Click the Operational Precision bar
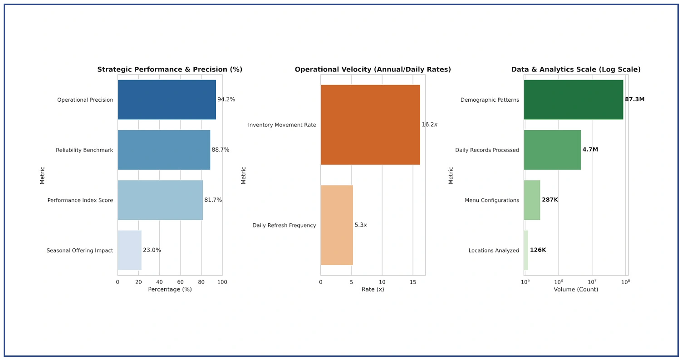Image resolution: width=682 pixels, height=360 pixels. coord(167,100)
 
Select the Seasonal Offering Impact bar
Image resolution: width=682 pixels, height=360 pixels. coord(129,250)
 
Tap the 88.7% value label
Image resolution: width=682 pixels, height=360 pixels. coord(221,150)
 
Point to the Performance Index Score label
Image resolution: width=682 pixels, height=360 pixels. coord(80,200)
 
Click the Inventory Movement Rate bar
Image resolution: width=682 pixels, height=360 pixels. coord(370,125)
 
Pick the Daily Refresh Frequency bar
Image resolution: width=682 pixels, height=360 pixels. coord(337,225)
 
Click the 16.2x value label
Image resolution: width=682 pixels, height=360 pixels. coord(429,124)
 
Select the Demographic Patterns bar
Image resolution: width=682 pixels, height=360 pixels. coord(574,100)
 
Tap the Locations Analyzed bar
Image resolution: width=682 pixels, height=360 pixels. coord(526,250)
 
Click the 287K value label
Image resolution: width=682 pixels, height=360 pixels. coord(550,200)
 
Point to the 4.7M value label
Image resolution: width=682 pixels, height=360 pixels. coord(590,149)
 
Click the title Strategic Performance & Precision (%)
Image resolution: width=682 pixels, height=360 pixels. coord(170,69)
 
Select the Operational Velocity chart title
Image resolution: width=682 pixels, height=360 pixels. coord(373,69)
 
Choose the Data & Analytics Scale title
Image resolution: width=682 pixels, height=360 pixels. coord(576,69)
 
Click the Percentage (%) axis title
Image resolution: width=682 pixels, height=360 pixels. coord(170,290)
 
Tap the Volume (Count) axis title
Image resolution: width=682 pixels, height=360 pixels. coord(576,290)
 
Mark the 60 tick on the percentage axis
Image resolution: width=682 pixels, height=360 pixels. coord(180,282)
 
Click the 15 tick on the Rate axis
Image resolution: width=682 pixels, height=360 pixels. coord(412,282)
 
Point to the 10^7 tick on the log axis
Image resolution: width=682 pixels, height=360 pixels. coord(592,282)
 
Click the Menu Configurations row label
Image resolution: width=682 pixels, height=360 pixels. coord(492,200)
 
